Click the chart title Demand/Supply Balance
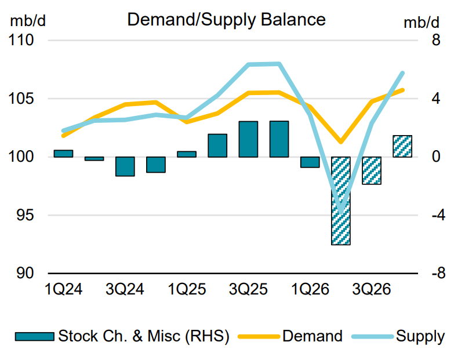click(226, 20)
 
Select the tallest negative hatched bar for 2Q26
click(341, 201)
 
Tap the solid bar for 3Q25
click(248, 139)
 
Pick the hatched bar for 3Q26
click(372, 170)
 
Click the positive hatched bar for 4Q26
click(402, 146)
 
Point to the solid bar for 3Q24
click(125, 166)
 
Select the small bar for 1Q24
click(63, 154)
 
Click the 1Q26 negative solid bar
click(310, 162)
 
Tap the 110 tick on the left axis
click(21, 40)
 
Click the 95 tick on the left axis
click(25, 215)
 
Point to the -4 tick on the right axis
click(438, 215)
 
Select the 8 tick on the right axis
click(436, 40)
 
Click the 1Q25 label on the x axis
click(187, 289)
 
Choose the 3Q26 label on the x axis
click(372, 289)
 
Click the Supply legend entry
click(398, 336)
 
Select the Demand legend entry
click(290, 336)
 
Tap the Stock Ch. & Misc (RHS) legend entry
click(122, 336)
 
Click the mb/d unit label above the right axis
click(422, 23)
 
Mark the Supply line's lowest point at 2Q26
click(341, 212)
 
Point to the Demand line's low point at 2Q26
click(341, 141)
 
